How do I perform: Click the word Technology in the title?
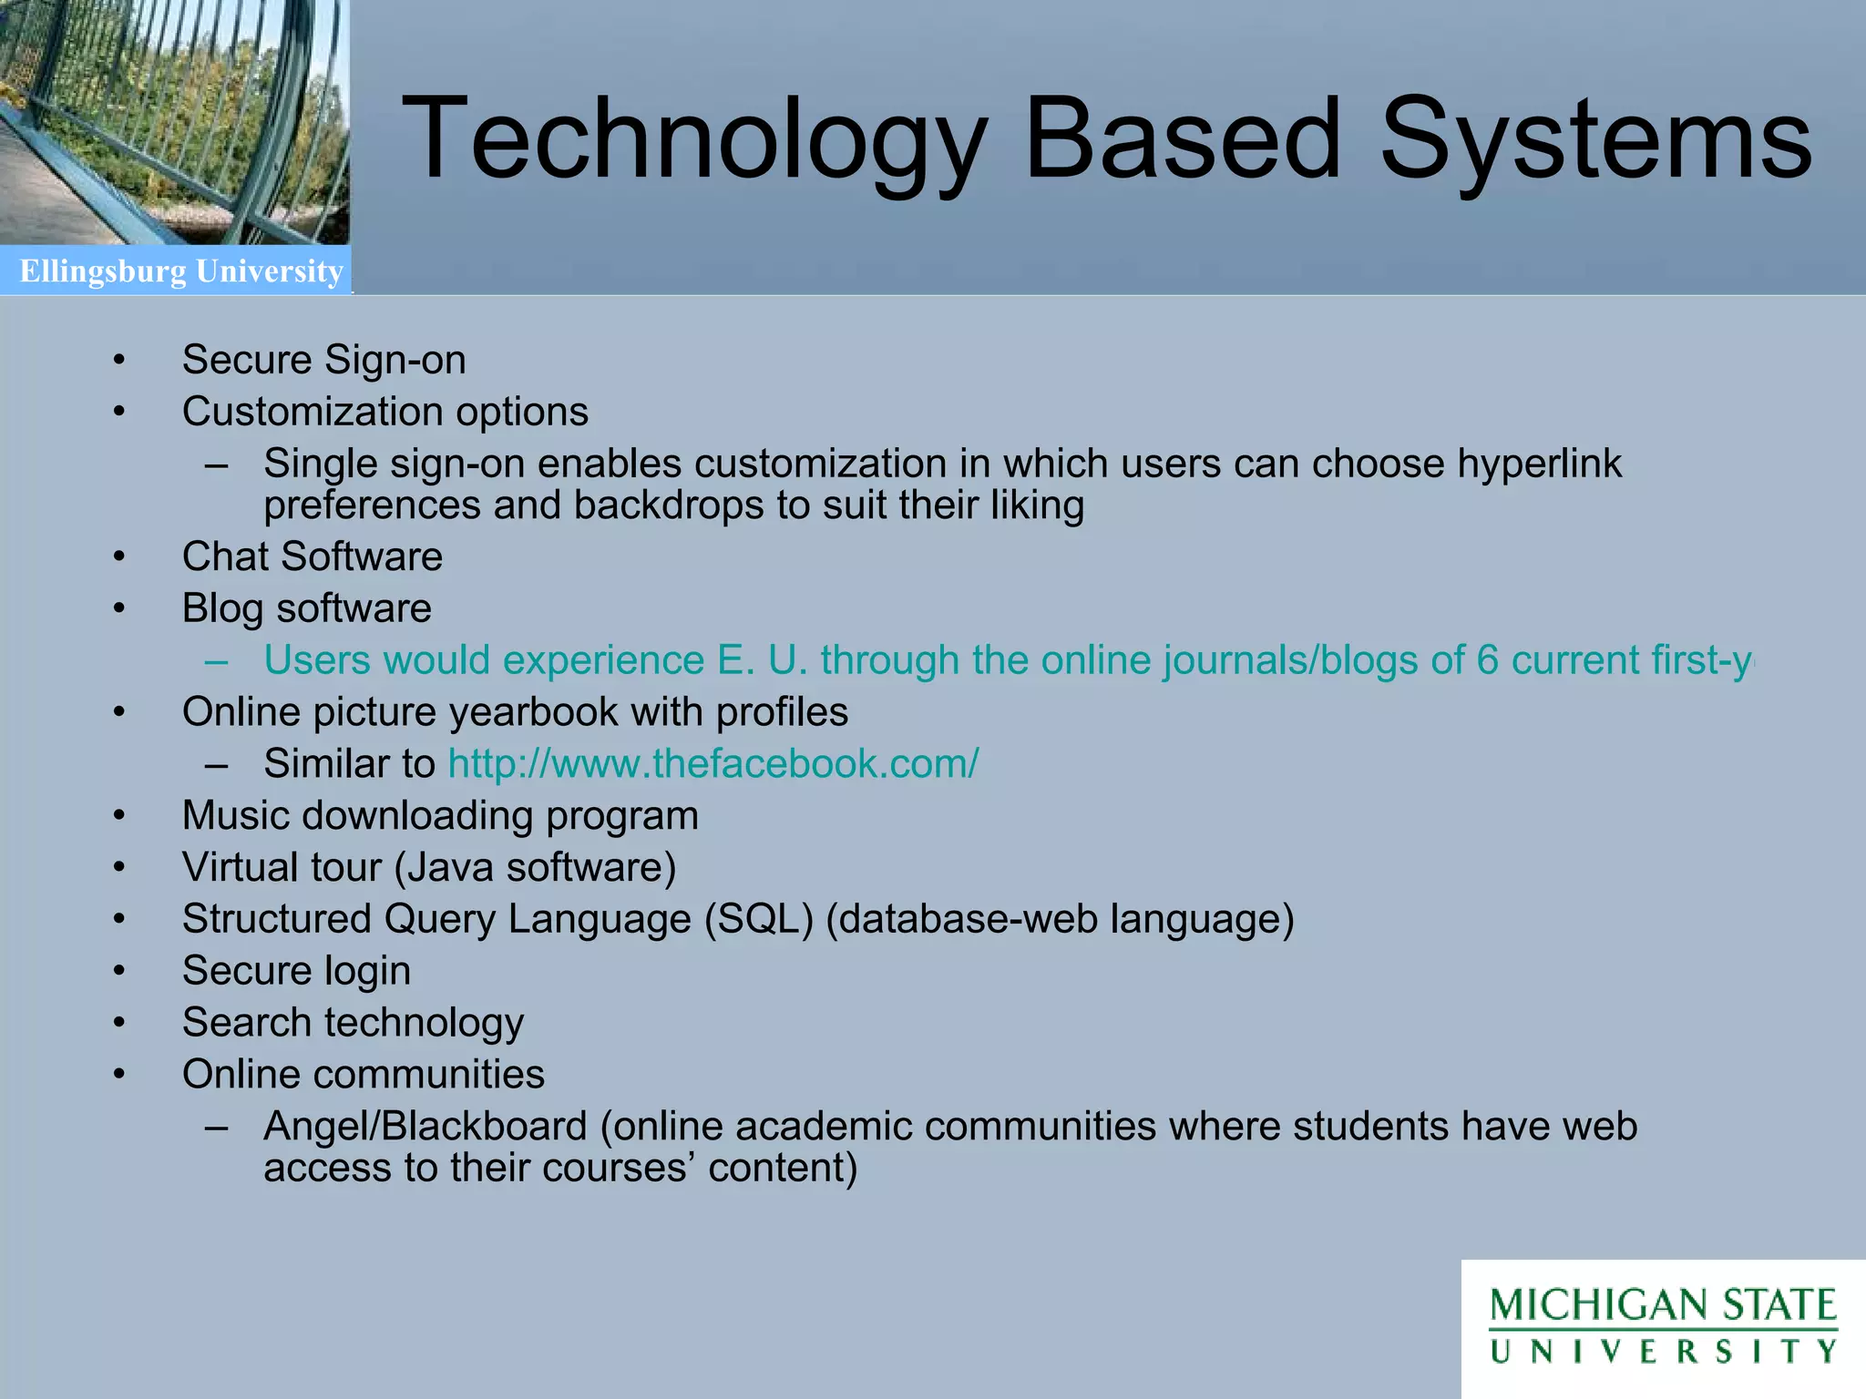(692, 141)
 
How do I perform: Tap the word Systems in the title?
(1594, 141)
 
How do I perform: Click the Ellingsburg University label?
(180, 271)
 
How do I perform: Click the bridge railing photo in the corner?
(173, 123)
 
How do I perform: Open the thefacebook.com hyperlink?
(713, 763)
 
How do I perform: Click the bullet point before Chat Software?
(119, 557)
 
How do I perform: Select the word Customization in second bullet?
(313, 412)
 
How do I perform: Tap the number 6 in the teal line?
(1487, 660)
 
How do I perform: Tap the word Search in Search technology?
(246, 1023)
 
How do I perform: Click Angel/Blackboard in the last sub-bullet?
(425, 1127)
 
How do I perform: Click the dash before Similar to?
(217, 763)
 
